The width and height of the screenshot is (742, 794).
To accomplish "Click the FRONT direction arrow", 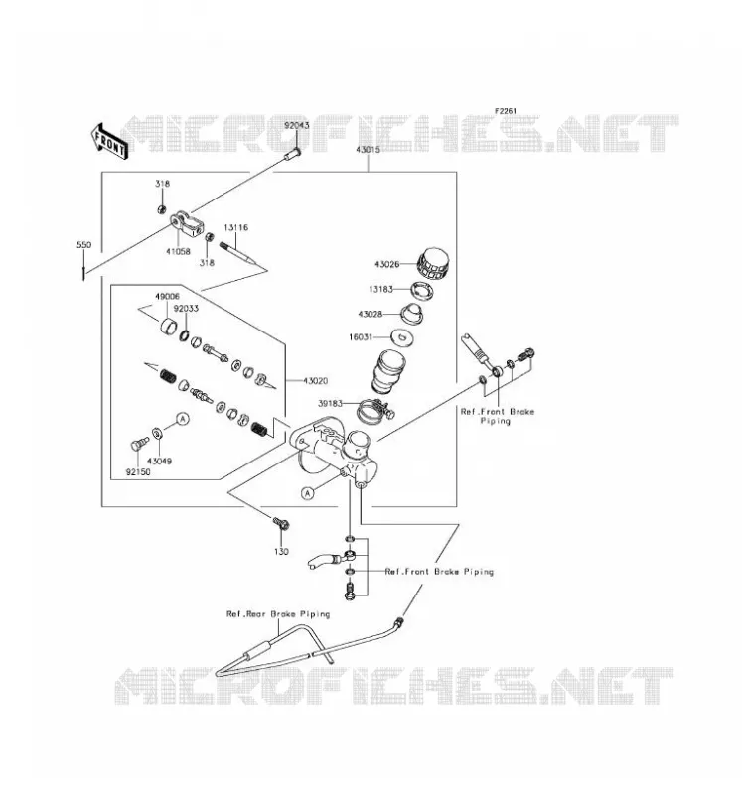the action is point(109,142).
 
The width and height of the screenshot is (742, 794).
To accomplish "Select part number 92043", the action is point(296,125).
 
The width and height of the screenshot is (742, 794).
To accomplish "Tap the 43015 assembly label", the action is point(368,150).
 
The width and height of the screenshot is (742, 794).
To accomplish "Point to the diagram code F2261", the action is point(506,111).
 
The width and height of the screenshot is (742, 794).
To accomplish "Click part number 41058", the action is point(179,251).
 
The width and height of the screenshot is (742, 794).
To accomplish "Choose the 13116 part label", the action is point(236,228).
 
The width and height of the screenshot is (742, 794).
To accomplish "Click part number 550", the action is point(84,245).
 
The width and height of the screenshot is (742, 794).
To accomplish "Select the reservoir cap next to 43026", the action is point(433,264).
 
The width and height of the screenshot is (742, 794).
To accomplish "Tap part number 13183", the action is point(380,289).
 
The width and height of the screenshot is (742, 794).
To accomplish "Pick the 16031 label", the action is point(361,337).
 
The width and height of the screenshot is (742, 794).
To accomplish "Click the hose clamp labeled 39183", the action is point(376,411).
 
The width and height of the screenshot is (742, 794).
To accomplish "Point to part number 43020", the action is point(315,381).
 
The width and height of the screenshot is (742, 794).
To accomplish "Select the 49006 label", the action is point(167,296).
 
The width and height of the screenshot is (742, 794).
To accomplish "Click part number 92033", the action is point(186,309).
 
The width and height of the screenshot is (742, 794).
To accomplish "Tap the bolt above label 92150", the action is point(139,444).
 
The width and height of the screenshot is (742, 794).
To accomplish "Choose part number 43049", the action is point(159,462).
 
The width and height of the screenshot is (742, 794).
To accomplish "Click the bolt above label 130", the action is point(281,524).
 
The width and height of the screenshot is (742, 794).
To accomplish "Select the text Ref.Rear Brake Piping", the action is point(278,614).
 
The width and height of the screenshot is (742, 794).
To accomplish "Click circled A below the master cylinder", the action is point(308,492).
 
